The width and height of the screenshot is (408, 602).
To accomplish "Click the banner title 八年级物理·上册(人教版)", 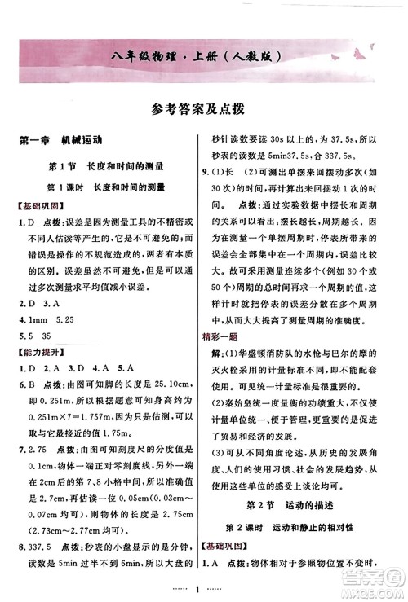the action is click(x=204, y=57).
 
